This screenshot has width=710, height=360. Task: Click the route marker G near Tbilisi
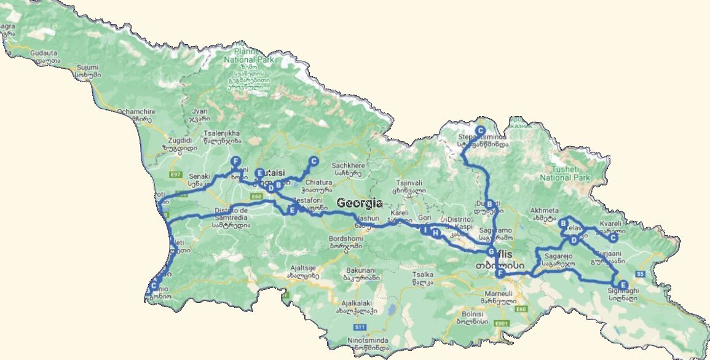[x=491, y=252]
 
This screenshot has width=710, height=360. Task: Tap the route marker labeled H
[x=436, y=233]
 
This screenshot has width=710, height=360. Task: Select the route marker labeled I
[x=424, y=230]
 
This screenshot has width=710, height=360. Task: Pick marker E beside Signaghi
[x=623, y=285]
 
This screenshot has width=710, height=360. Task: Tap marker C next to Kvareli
[x=613, y=238]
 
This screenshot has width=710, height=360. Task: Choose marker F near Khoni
[x=235, y=161]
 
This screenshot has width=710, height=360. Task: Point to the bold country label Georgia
[x=360, y=203]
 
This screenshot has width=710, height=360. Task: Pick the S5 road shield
[x=640, y=273]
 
